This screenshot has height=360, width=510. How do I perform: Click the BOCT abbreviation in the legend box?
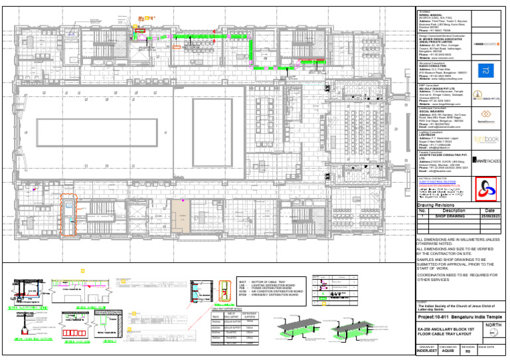pyautogui.click(x=242, y=282)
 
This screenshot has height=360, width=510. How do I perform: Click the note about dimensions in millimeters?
pyautogui.click(x=458, y=241)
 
